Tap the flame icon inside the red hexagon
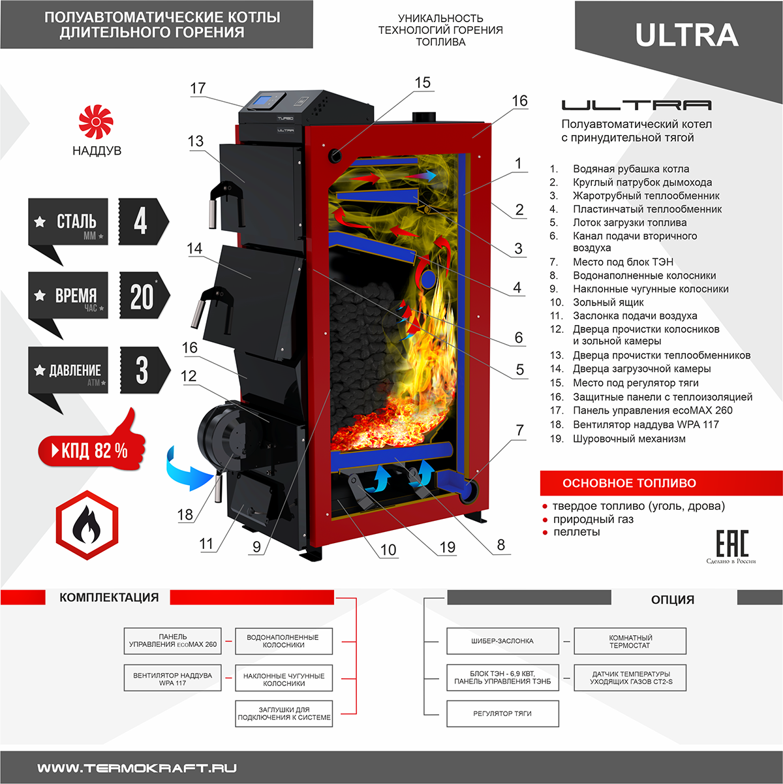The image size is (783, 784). point(87,525)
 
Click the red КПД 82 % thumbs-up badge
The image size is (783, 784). point(93,449)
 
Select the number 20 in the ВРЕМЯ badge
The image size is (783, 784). point(142,296)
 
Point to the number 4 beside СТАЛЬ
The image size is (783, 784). point(140,221)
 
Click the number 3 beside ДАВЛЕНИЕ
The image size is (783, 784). point(142,370)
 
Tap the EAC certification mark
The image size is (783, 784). point(731,543)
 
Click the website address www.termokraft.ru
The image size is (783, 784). point(137,768)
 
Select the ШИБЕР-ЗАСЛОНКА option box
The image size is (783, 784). point(502,641)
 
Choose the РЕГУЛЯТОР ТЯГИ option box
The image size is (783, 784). point(502,713)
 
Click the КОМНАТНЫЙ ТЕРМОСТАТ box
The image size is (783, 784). point(630,641)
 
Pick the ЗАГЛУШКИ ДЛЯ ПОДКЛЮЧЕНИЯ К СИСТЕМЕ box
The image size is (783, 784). point(284,713)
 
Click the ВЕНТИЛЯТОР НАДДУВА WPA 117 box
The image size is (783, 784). point(172,678)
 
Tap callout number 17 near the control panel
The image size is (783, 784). point(198,88)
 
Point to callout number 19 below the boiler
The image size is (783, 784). point(447,547)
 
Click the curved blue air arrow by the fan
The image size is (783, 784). point(185,468)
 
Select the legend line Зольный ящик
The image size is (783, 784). point(608,302)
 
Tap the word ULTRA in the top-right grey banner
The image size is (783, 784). point(686,35)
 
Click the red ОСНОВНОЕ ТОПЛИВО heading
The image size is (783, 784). point(629,483)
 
